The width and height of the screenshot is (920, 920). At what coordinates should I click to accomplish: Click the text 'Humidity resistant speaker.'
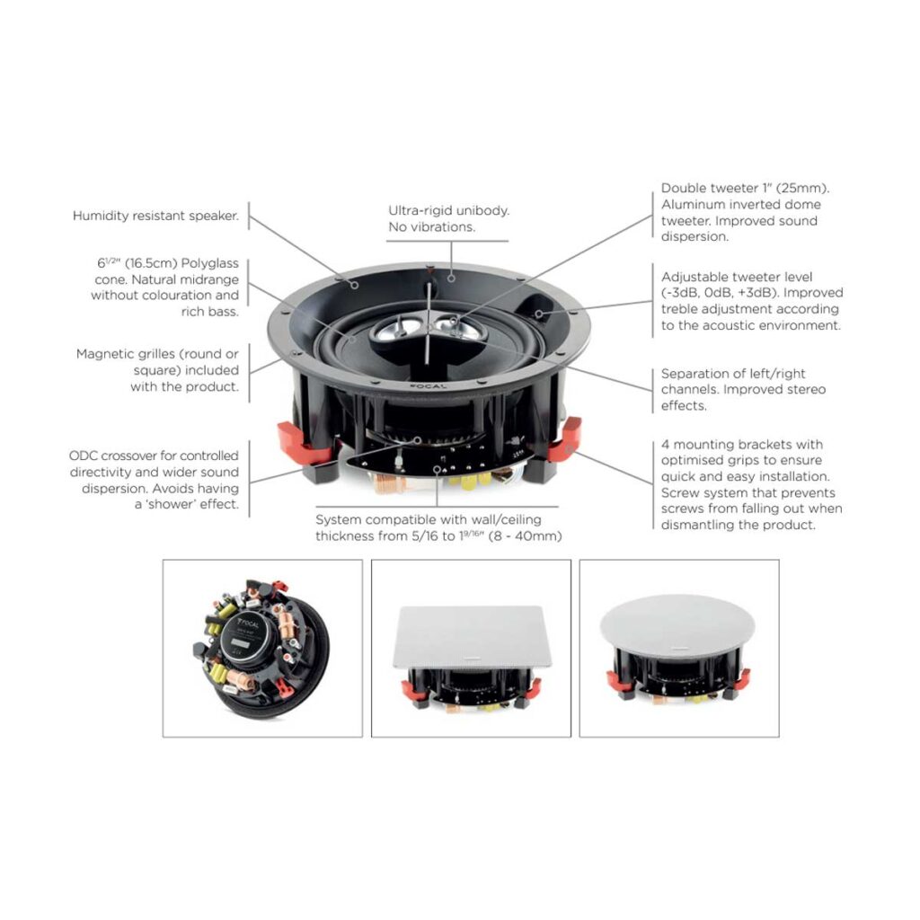[x=155, y=216]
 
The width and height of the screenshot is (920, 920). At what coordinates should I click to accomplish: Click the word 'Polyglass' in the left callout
[x=209, y=262]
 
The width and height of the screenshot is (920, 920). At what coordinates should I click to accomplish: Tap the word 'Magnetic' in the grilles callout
[x=105, y=354]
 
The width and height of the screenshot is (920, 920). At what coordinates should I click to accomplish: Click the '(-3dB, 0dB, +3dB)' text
[x=723, y=293]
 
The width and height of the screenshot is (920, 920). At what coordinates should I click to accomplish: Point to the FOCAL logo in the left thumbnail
[x=252, y=623]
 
